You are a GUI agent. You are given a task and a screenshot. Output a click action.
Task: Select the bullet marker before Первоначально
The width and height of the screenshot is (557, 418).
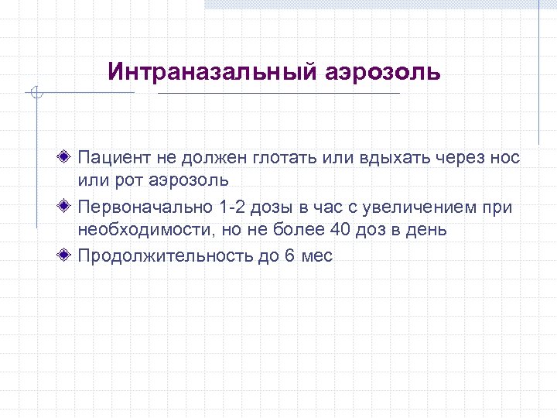tap(68, 207)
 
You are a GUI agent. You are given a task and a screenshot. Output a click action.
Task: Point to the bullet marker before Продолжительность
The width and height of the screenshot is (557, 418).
tap(68, 255)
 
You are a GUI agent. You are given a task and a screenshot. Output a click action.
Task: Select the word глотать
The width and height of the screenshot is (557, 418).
tap(280, 158)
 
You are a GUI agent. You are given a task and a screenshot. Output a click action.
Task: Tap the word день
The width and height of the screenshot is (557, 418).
tap(424, 230)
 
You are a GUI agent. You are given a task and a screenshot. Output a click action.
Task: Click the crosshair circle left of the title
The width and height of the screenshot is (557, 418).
tap(36, 94)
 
